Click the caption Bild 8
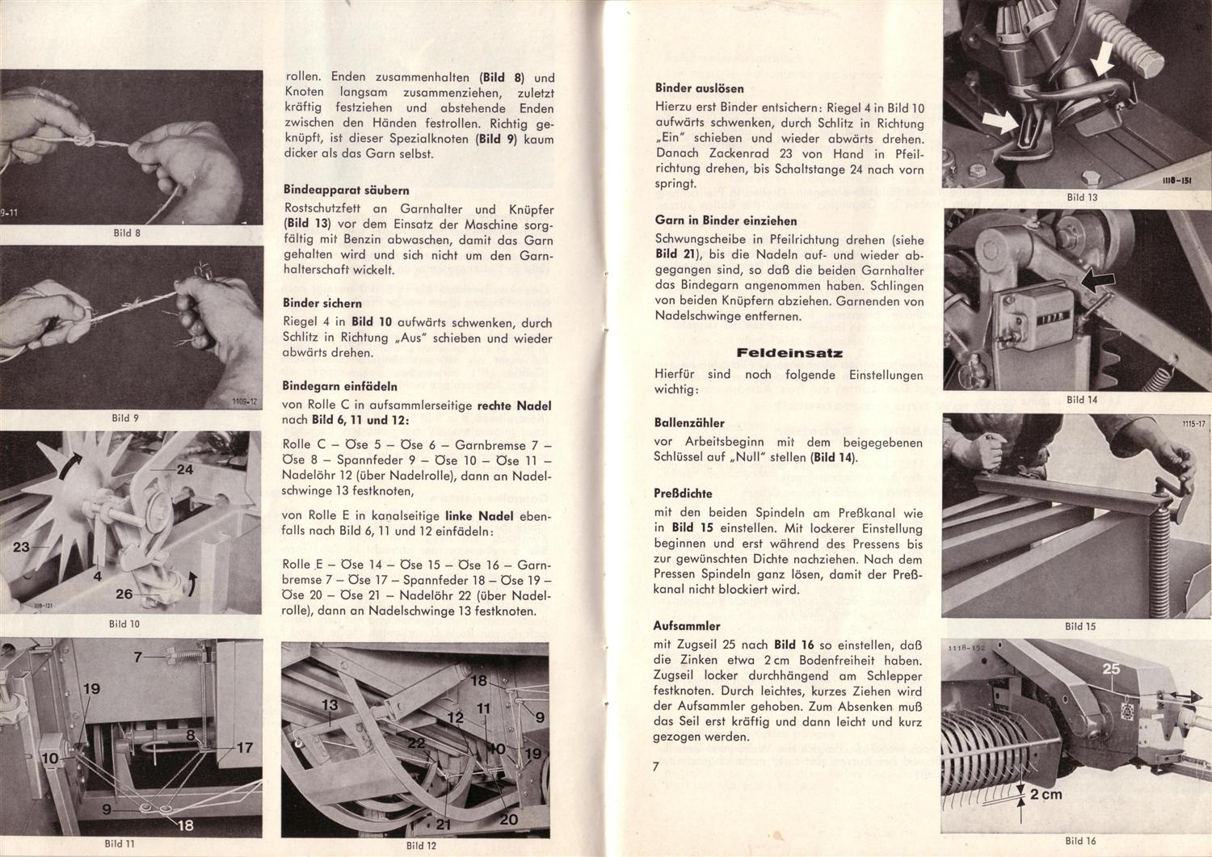pyautogui.click(x=127, y=233)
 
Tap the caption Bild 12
pyautogui.click(x=421, y=846)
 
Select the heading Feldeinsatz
pyautogui.click(x=789, y=353)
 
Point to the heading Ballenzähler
pyautogui.click(x=689, y=422)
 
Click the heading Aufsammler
pyautogui.click(x=688, y=626)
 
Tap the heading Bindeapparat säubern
pyautogui.click(x=346, y=191)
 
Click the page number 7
pyautogui.click(x=656, y=767)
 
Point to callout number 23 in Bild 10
pyautogui.click(x=21, y=547)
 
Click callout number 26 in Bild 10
pyautogui.click(x=124, y=594)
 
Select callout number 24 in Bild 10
pyautogui.click(x=184, y=469)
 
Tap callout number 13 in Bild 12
pyautogui.click(x=330, y=704)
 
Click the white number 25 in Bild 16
pyautogui.click(x=1112, y=669)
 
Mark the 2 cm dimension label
pyautogui.click(x=1046, y=794)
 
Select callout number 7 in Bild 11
pyautogui.click(x=137, y=657)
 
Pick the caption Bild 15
pyautogui.click(x=1079, y=626)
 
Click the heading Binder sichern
pyautogui.click(x=322, y=303)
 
